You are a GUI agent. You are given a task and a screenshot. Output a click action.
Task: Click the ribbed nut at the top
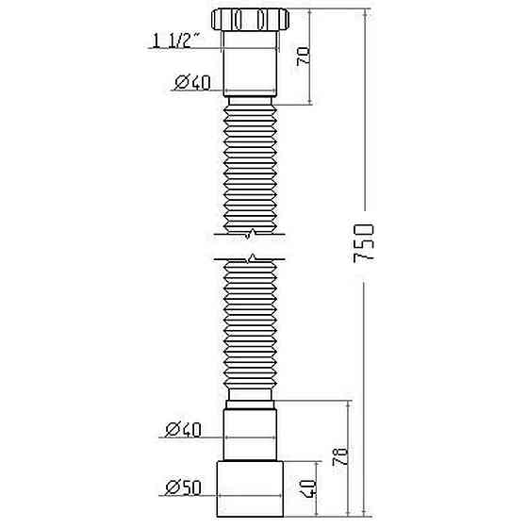252,20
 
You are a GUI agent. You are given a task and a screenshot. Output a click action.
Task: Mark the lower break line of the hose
252,257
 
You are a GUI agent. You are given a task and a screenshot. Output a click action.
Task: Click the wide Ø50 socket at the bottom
252,488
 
